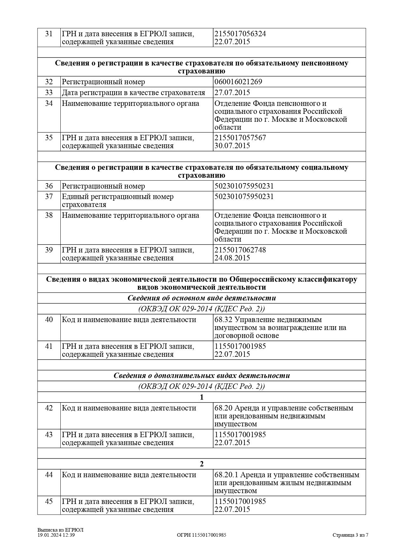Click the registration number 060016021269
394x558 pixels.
point(238,82)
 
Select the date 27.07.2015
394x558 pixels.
point(232,93)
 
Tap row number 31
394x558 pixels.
point(49,34)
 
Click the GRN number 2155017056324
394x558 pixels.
point(240,34)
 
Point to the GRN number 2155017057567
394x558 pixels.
point(240,138)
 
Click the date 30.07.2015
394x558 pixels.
point(232,146)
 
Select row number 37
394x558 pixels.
point(49,196)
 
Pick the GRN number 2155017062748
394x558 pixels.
point(240,250)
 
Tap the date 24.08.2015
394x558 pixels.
point(232,258)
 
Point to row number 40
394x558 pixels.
point(49,320)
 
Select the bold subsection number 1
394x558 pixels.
point(201,397)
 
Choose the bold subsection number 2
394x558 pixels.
point(201,464)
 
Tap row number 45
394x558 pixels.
point(49,501)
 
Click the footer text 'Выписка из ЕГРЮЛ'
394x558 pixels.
point(60,530)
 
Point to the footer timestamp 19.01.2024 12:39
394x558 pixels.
point(56,535)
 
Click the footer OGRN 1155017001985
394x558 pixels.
point(201,535)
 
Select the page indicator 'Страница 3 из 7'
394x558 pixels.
point(350,535)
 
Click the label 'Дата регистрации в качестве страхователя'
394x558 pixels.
point(133,93)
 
